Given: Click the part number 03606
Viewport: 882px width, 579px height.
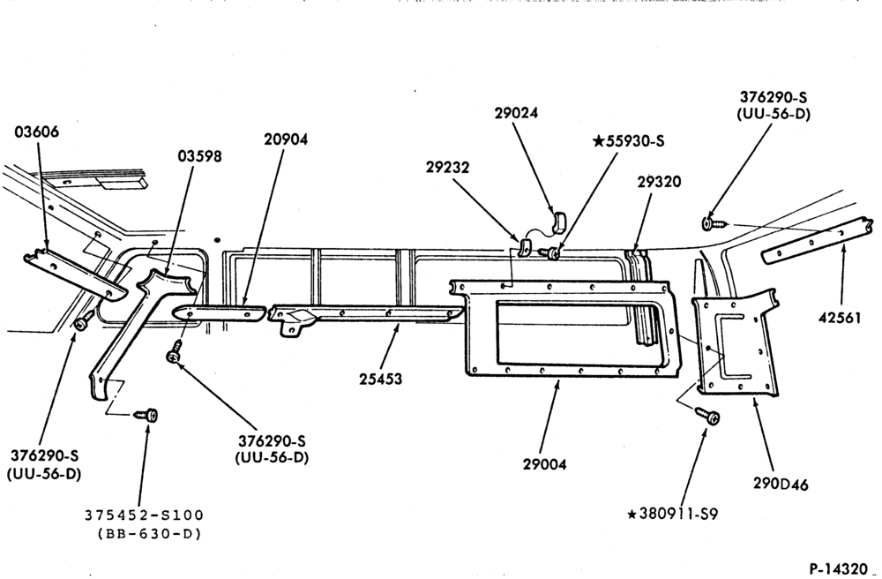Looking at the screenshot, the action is click(36, 132).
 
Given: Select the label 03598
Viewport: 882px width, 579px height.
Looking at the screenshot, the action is click(199, 156).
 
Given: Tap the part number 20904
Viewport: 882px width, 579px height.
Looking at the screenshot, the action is click(286, 139).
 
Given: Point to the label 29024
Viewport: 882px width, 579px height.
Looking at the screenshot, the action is click(516, 113).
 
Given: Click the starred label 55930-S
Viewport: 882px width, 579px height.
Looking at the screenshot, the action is click(628, 140).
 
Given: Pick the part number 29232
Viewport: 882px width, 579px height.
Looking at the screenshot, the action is click(447, 167).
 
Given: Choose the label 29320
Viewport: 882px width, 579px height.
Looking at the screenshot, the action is click(659, 182).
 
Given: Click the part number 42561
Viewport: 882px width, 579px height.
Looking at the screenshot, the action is click(840, 318).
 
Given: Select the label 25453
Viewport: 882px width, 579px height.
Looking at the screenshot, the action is click(381, 379).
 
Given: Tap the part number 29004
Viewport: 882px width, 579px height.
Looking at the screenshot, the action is click(544, 464).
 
